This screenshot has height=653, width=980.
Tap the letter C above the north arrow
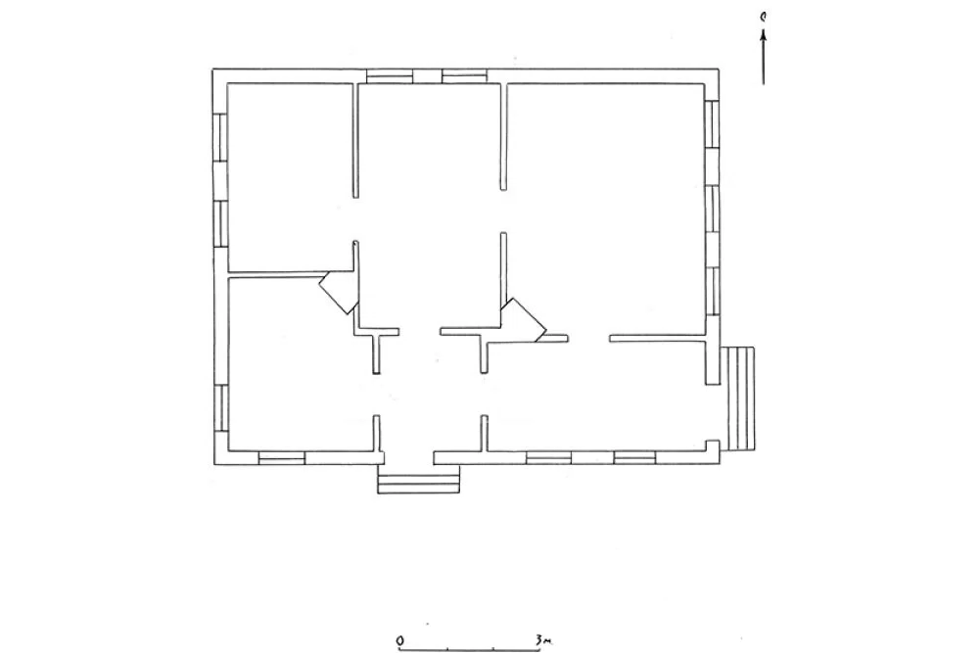pyautogui.click(x=763, y=17)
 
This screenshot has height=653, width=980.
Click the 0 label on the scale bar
pyautogui.click(x=400, y=640)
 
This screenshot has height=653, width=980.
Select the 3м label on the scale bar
pyautogui.click(x=542, y=640)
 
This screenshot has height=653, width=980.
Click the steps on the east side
pyautogui.click(x=737, y=398)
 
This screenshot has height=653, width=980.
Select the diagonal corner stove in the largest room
pyautogui.click(x=524, y=320)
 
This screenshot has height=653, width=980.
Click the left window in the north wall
pyautogui.click(x=390, y=76)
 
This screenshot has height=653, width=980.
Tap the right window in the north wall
pyautogui.click(x=464, y=76)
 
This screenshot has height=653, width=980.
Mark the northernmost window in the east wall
pyautogui.click(x=712, y=123)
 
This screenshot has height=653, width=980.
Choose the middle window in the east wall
pyautogui.click(x=712, y=209)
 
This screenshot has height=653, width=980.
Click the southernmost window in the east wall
pyautogui.click(x=712, y=291)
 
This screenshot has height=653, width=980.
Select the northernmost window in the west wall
pyautogui.click(x=220, y=137)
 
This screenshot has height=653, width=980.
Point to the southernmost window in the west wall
pyautogui.click(x=220, y=408)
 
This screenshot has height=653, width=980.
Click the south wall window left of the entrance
pyautogui.click(x=282, y=458)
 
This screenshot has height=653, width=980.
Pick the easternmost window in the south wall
pyautogui.click(x=634, y=458)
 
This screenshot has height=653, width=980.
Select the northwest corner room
pyautogui.click(x=291, y=177)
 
